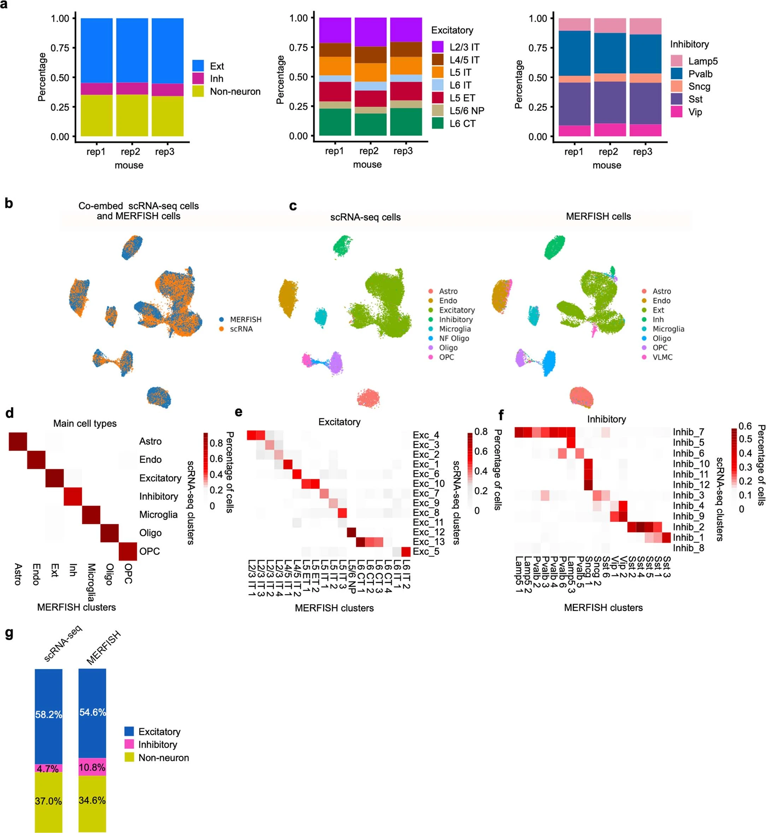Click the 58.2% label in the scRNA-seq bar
point(48,714)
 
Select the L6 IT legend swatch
point(438,85)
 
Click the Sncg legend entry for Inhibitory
point(699,86)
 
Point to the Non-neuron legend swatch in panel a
point(198,91)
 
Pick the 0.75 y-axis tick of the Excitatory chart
point(299,47)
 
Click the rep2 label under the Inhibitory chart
point(608,151)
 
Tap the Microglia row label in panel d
point(158,514)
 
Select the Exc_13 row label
point(429,541)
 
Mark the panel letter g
point(9,634)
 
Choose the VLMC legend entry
point(662,357)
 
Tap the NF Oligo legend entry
point(454,338)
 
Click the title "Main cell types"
point(85,423)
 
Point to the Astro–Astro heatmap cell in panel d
point(18,441)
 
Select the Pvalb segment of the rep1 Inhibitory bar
point(574,53)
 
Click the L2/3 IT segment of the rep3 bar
point(406,29)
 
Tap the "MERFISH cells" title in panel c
point(598,216)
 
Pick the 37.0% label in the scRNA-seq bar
point(48,800)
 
